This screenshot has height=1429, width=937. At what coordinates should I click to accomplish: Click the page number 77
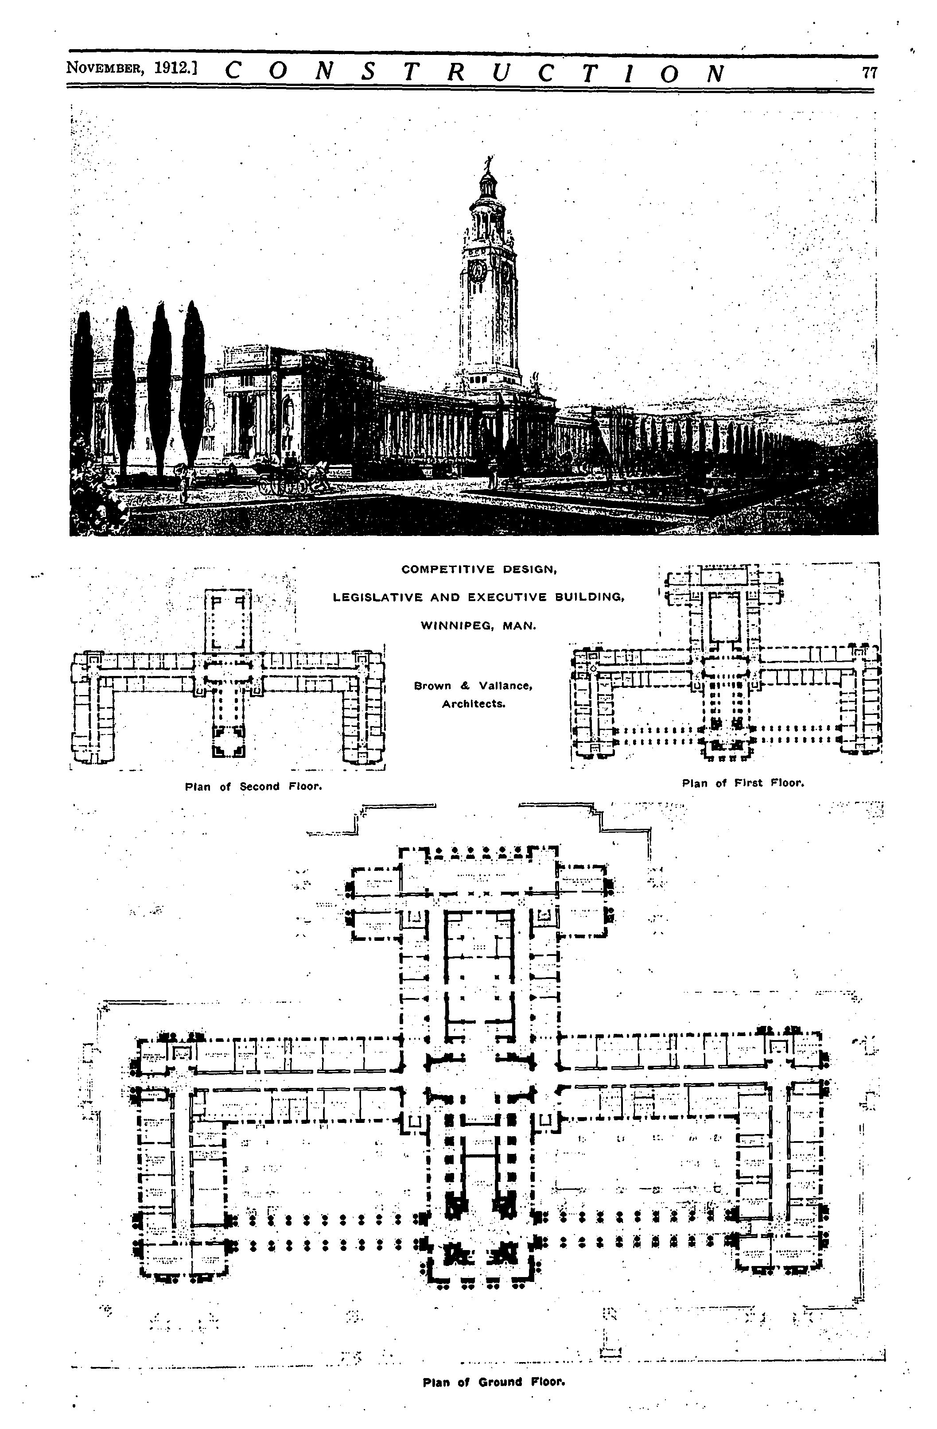tap(869, 73)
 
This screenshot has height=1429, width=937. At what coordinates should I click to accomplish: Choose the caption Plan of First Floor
tap(743, 783)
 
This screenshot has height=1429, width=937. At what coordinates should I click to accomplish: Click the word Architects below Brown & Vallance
tap(473, 704)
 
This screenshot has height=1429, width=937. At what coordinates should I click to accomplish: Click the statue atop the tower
tap(488, 163)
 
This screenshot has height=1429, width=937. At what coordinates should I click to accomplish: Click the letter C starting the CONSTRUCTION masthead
tap(233, 73)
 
